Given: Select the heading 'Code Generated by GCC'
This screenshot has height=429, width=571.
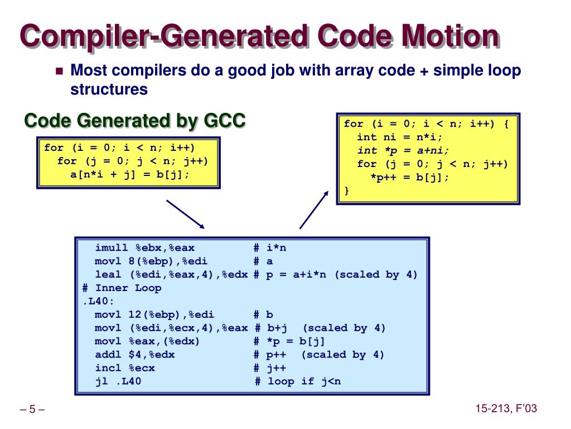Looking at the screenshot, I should click(x=135, y=120).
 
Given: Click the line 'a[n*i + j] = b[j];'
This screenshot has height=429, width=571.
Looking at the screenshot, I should click(x=129, y=174).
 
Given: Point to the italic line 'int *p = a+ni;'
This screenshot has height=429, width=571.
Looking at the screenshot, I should click(x=403, y=150).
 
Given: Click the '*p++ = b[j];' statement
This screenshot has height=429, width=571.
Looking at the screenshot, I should click(x=410, y=177).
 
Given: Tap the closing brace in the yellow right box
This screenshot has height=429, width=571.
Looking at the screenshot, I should click(x=347, y=190).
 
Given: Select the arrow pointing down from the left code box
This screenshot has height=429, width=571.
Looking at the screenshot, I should click(x=186, y=214).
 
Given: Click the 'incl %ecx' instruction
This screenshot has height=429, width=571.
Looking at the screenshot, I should click(x=125, y=368).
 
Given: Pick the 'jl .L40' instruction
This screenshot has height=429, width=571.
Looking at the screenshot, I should click(x=118, y=382).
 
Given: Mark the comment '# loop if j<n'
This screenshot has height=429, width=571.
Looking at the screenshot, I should click(x=297, y=382).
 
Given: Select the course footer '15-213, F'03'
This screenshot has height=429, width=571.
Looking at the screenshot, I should click(x=506, y=409).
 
